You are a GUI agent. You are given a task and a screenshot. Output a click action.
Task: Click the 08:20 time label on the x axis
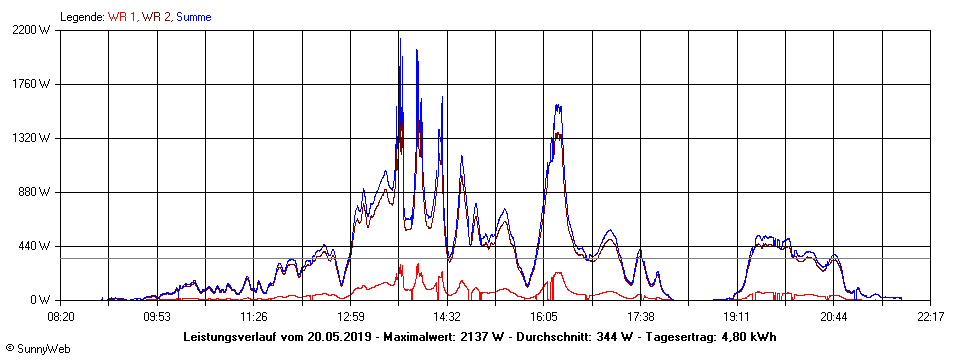pyautogui.click(x=61, y=316)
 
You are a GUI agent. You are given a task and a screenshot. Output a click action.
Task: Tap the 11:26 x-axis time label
pyautogui.click(x=254, y=316)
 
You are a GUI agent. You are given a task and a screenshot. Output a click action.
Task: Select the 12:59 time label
pyautogui.click(x=351, y=316)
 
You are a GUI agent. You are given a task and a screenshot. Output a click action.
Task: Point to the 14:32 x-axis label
pyautogui.click(x=447, y=316)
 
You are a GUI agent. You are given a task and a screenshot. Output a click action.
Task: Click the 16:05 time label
pyautogui.click(x=544, y=316)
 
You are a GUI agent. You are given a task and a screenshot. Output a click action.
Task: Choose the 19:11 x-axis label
pyautogui.click(x=737, y=316)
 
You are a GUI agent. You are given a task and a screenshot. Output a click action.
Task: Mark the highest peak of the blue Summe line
pyautogui.click(x=400, y=38)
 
